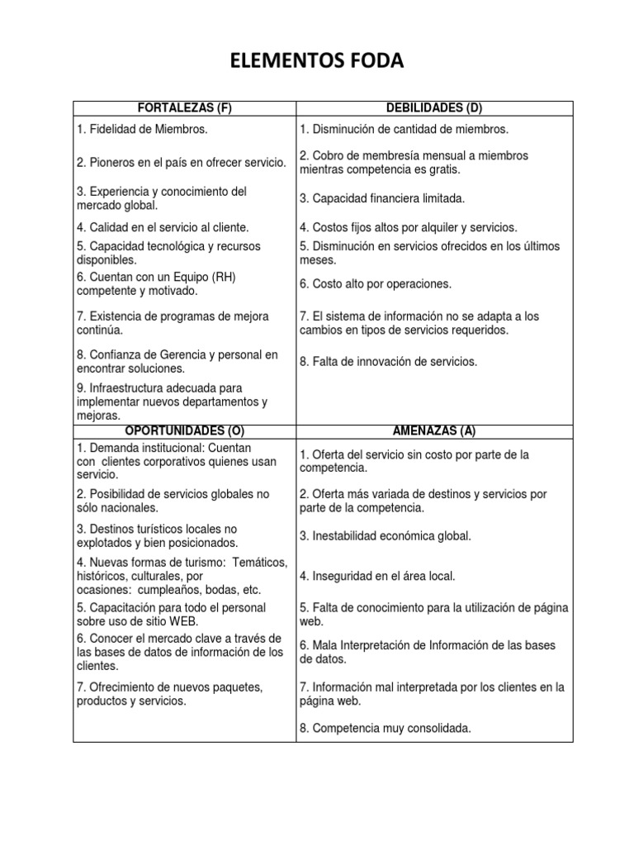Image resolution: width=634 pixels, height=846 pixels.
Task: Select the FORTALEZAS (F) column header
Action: (x=184, y=109)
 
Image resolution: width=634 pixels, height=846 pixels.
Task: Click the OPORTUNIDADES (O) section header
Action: (x=184, y=431)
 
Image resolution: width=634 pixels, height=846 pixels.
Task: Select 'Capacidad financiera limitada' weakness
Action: (x=382, y=198)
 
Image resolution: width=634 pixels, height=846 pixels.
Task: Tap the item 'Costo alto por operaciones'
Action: (x=376, y=283)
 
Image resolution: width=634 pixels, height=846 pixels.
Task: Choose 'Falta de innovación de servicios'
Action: (x=388, y=361)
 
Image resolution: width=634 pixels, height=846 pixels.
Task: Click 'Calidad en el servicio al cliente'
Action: (x=163, y=227)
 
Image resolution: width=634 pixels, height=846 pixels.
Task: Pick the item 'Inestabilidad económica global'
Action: (x=386, y=536)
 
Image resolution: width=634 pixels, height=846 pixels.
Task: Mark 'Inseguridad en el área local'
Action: (x=377, y=576)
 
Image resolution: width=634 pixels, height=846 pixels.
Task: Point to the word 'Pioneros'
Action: (x=112, y=163)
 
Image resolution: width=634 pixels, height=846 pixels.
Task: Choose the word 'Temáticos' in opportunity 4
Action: (x=260, y=562)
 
